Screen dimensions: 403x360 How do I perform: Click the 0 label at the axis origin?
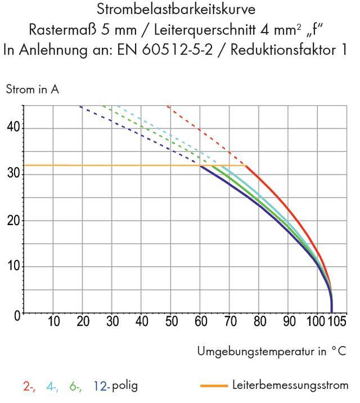click(x=18, y=316)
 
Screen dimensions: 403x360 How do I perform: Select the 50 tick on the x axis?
click(x=172, y=323)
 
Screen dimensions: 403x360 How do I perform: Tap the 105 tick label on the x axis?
click(x=336, y=323)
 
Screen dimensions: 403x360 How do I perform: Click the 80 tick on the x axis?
click(x=259, y=323)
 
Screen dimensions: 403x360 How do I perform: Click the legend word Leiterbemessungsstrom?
click(x=290, y=386)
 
